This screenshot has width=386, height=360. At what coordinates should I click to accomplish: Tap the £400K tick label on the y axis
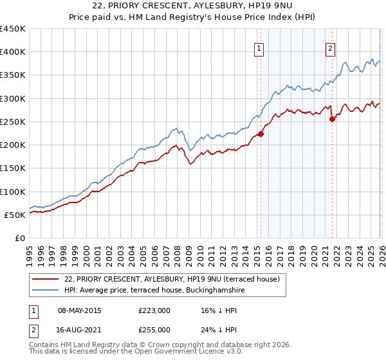(13, 52)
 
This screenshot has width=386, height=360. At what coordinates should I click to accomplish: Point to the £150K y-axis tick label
(13, 168)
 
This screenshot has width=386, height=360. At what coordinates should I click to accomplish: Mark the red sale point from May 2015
(261, 134)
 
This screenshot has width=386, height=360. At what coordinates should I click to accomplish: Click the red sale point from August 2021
(332, 119)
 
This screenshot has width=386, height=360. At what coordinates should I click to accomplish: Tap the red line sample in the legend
(46, 280)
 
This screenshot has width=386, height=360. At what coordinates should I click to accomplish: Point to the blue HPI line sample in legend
(46, 291)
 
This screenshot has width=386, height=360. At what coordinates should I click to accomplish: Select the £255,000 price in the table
(154, 329)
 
